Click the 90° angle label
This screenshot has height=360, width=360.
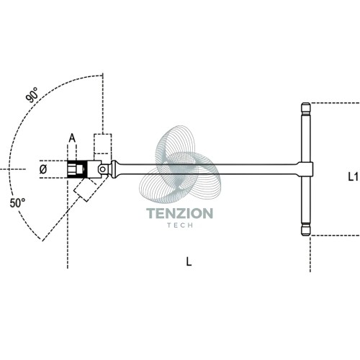pyautogui.click(x=32, y=95)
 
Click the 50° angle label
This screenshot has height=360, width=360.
pyautogui.click(x=17, y=203)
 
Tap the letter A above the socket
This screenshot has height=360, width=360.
pyautogui.click(x=72, y=138)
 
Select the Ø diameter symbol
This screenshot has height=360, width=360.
pyautogui.click(x=43, y=169)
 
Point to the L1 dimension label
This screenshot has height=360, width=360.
pyautogui.click(x=353, y=177)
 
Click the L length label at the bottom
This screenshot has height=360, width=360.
pyautogui.click(x=189, y=261)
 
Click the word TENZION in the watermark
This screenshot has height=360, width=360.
pyautogui.click(x=179, y=213)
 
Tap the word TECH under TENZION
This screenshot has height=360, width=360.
pyautogui.click(x=180, y=225)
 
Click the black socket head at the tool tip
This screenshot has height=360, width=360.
pyautogui.click(x=76, y=169)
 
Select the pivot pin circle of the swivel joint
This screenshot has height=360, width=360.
pyautogui.click(x=103, y=169)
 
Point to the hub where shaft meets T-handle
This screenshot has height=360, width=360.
pyautogui.click(x=306, y=169)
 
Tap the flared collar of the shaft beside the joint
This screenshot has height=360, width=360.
pyautogui.click(x=114, y=169)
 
